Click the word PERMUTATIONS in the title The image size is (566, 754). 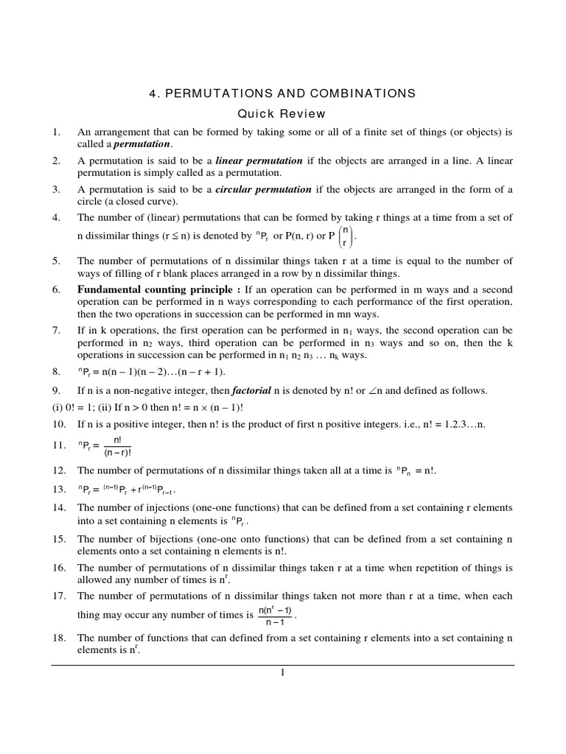(222, 94)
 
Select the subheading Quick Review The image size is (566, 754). (282, 114)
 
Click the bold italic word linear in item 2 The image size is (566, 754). (232, 161)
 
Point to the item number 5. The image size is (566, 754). (56, 261)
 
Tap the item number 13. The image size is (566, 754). (58, 489)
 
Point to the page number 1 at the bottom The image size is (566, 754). (282, 672)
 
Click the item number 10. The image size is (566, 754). (58, 425)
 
